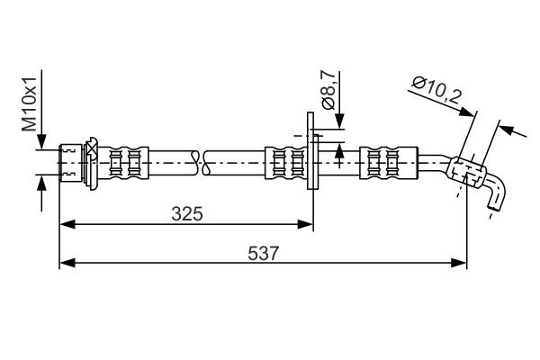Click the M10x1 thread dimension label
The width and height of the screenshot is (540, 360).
[x=31, y=106]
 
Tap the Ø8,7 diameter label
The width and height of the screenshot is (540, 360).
[x=328, y=89]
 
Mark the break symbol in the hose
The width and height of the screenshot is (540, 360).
[x=201, y=163]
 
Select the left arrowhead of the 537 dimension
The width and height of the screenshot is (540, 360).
[x=65, y=264]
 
